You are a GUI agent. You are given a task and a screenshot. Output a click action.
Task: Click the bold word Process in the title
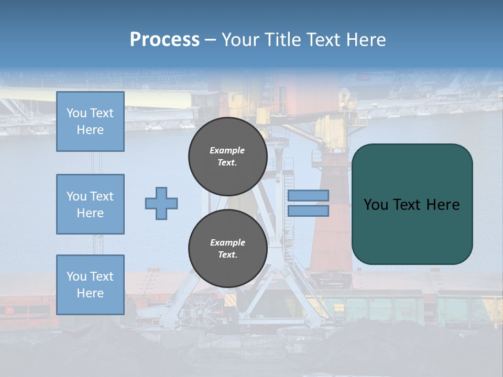165,40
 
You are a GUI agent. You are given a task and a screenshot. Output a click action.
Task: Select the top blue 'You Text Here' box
90,121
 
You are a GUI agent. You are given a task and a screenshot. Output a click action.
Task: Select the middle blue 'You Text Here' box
90,204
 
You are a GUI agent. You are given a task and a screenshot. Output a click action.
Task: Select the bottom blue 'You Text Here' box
90,284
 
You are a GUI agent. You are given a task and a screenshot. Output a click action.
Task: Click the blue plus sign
161,203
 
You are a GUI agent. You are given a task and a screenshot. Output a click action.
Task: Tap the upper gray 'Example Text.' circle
227,157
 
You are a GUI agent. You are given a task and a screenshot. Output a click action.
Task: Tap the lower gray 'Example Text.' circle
227,249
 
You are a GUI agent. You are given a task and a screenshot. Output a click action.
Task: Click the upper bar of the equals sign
308,196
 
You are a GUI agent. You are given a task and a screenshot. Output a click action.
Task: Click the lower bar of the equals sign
308,210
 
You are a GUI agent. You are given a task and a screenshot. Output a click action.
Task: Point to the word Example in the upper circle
227,150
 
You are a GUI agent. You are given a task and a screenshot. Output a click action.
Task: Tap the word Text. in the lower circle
227,255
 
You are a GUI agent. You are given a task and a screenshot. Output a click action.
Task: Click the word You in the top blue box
76,113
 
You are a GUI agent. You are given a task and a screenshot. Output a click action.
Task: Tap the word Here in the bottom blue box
90,293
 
